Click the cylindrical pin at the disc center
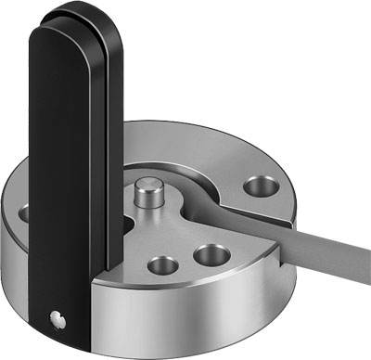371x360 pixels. click(x=147, y=197)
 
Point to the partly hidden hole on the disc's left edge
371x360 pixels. click(x=23, y=213)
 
